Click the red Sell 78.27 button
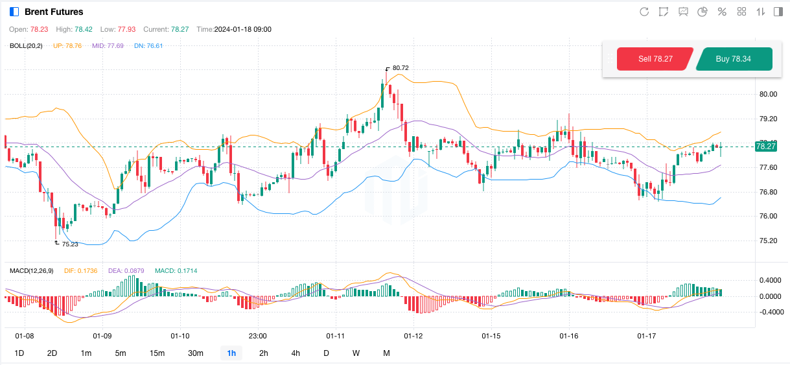pyautogui.click(x=655, y=59)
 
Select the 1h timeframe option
pyautogui.click(x=231, y=353)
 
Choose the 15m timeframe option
pyautogui.click(x=157, y=353)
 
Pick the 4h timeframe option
pyautogui.click(x=296, y=353)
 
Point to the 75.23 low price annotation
pyautogui.click(x=70, y=244)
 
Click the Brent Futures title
pyautogui.click(x=54, y=12)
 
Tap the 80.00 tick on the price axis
pyautogui.click(x=768, y=94)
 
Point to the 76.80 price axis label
pyautogui.click(x=768, y=192)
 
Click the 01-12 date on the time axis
pyautogui.click(x=413, y=336)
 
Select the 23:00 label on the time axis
pyautogui.click(x=258, y=336)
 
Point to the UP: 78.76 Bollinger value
pyautogui.click(x=67, y=45)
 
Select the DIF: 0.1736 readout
pyautogui.click(x=80, y=270)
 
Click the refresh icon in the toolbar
pyautogui.click(x=644, y=12)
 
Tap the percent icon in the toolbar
pyautogui.click(x=722, y=12)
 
